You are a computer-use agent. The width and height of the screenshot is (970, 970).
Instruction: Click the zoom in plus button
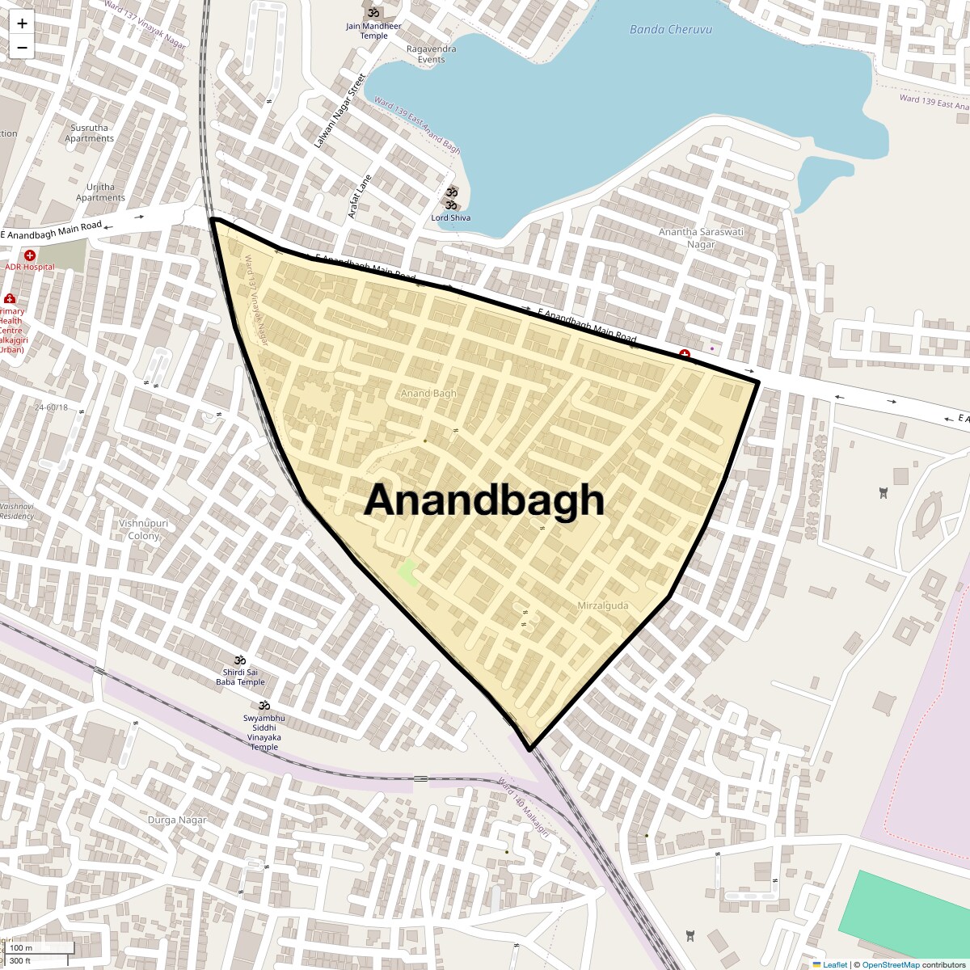tap(22, 23)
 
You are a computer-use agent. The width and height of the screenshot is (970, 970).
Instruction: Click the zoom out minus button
tap(22, 48)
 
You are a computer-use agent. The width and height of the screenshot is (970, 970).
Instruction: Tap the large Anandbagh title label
tap(484, 500)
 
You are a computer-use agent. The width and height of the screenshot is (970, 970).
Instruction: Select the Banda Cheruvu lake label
tap(670, 30)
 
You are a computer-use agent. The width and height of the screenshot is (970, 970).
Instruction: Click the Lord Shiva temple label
tap(450, 217)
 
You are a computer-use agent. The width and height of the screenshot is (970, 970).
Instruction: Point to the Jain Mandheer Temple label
tap(373, 31)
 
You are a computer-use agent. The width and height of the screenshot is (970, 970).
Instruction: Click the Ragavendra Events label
tap(431, 54)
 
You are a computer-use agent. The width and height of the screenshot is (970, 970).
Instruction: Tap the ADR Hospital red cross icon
tap(30, 255)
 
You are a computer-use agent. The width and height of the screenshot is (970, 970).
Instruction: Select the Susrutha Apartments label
tap(89, 133)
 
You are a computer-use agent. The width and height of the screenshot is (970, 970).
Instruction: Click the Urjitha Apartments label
tap(100, 192)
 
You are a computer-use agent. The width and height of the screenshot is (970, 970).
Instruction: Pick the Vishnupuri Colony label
tap(144, 529)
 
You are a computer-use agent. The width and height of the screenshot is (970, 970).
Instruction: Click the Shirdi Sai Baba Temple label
tap(240, 677)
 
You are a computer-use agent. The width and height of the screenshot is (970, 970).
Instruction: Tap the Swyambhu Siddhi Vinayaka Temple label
tap(264, 732)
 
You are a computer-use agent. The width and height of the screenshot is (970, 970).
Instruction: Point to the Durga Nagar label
tap(177, 820)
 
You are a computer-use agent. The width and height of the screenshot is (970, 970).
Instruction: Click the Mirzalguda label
tap(602, 605)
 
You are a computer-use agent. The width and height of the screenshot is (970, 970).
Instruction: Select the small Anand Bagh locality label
tap(428, 394)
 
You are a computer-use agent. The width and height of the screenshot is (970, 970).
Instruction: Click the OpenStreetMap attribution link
tap(890, 964)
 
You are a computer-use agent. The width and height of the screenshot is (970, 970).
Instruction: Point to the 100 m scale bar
tap(40, 947)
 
